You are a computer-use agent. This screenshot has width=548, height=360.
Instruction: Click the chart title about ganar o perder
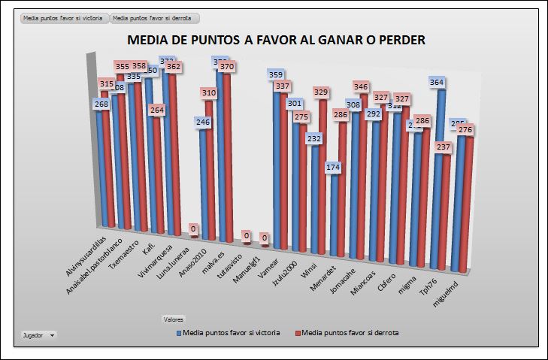(x=277, y=41)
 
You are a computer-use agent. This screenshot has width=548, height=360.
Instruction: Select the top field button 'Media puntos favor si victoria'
(x=65, y=17)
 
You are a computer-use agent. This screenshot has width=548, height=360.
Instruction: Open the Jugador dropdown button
(x=38, y=334)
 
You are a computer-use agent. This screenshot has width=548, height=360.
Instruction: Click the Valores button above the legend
(x=174, y=319)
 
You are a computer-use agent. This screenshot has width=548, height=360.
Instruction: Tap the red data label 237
(x=443, y=147)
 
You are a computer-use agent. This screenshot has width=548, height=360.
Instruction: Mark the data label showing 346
(x=362, y=87)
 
